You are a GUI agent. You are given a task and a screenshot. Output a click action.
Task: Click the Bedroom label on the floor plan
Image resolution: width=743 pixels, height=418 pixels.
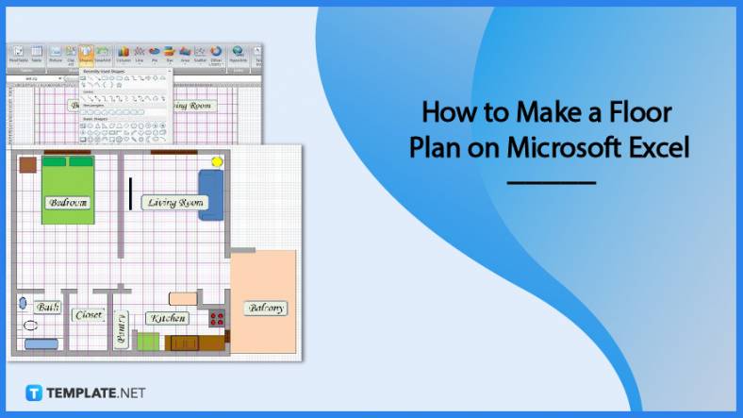coord(67,202)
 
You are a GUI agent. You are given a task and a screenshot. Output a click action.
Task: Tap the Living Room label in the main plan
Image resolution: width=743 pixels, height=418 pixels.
coord(174,203)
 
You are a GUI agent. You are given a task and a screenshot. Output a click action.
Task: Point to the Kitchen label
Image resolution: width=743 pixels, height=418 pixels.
coord(167,319)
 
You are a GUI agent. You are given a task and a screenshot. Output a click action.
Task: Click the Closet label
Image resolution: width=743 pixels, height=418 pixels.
coord(89,314)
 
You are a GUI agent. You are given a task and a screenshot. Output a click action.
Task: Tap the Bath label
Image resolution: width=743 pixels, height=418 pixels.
coord(45,308)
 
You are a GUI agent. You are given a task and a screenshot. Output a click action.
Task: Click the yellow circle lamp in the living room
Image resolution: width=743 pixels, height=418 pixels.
coord(217,162)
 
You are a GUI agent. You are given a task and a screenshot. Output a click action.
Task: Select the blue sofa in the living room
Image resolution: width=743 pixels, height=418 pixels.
coord(210,195)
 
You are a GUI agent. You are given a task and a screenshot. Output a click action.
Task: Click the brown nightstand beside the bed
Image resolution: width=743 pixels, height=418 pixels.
coord(27,164)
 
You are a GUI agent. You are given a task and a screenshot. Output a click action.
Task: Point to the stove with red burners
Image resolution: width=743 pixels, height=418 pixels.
coord(217,319)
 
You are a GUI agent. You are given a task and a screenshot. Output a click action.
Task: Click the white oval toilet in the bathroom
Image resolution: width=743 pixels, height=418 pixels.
coord(31,325)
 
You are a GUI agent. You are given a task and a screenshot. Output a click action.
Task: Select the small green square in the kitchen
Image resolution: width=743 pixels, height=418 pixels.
coord(148,341)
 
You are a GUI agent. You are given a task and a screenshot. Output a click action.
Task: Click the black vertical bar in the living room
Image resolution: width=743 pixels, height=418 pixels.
coord(130,193)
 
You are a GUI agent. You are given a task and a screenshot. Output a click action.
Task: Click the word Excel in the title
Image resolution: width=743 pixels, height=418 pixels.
coord(656,147)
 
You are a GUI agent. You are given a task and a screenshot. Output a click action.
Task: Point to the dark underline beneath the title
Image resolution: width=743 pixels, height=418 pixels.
coord(551,182)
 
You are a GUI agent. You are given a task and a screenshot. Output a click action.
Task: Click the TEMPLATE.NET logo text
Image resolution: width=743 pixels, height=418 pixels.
coord(95,393)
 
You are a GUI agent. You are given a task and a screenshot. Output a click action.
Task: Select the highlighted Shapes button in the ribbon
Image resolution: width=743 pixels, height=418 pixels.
coord(86,54)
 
